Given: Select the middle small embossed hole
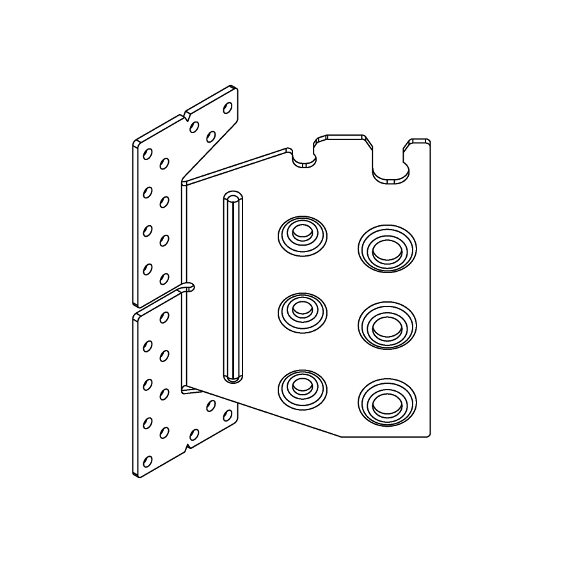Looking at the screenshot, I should (x=302, y=312).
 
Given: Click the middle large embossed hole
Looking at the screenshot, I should (x=387, y=326).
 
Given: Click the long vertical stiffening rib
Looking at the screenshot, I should (x=232, y=287).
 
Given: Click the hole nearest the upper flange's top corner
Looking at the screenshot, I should (x=227, y=107).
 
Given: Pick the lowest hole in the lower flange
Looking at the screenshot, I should (x=148, y=461).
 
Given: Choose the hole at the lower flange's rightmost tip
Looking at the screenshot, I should (x=227, y=415).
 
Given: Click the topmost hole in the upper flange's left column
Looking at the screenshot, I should (x=148, y=154).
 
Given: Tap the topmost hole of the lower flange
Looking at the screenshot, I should (x=164, y=317).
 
